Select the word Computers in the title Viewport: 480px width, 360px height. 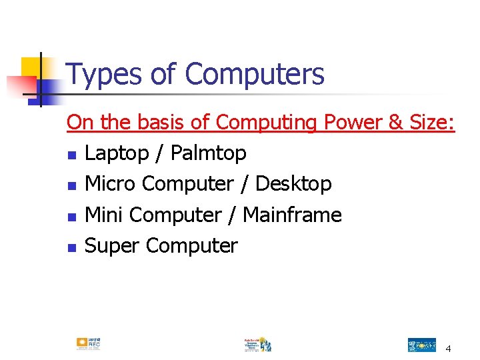(x=255, y=75)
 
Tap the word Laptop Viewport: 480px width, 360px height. (x=116, y=153)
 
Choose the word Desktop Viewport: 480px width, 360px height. (x=293, y=183)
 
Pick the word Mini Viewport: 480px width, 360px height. (x=105, y=215)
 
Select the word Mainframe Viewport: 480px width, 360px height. (x=292, y=215)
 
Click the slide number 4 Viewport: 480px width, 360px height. (x=448, y=349)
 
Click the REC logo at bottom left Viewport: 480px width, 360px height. (x=88, y=343)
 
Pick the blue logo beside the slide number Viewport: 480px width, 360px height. (x=421, y=345)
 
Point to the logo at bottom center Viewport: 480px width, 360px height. (x=257, y=344)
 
